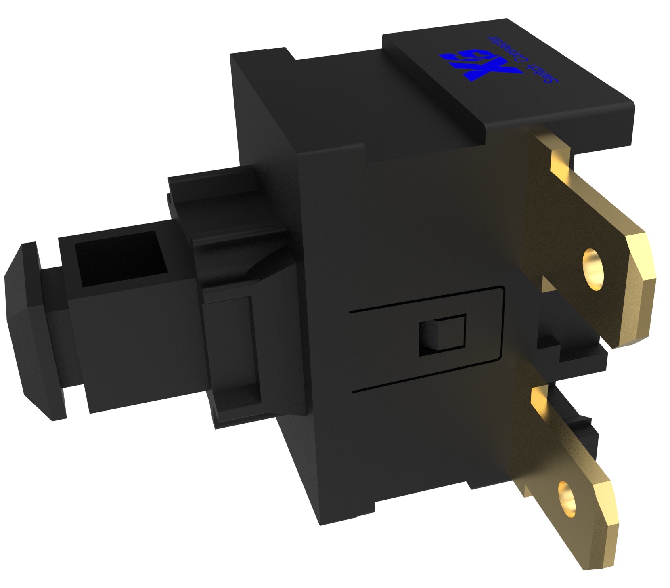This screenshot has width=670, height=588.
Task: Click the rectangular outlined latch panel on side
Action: (428, 339)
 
